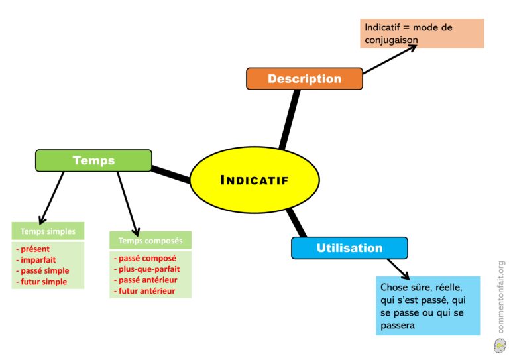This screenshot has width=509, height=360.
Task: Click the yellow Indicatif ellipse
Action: [254, 180]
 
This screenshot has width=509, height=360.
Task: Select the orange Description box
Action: [304, 78]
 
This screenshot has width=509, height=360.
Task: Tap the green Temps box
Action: [93, 160]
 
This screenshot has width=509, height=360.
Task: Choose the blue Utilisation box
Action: [349, 248]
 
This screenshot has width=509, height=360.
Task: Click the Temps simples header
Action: [48, 231]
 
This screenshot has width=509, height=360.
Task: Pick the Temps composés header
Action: [150, 240]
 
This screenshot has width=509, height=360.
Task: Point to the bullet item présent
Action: [34, 249]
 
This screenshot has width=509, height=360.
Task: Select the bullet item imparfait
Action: [38, 260]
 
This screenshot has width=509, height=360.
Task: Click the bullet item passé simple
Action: [44, 271]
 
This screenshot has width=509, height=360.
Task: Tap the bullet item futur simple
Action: [43, 282]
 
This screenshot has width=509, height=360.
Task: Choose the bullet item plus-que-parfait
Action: [148, 269]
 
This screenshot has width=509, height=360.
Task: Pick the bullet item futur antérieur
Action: [146, 290]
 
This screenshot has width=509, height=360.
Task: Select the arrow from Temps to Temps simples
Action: [52, 197]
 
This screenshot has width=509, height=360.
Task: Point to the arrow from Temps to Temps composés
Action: [127, 202]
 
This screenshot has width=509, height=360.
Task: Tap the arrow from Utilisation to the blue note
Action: [398, 269]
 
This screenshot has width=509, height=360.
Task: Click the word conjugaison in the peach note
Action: [391, 40]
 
